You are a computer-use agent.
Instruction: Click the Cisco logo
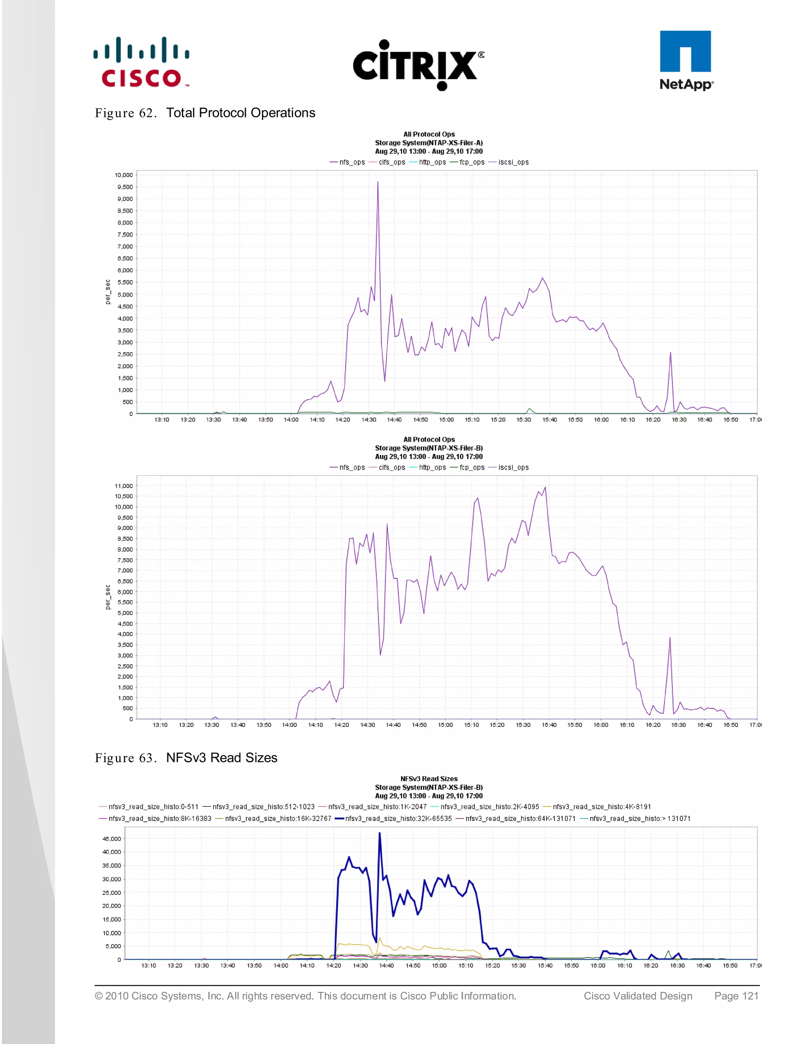(141, 62)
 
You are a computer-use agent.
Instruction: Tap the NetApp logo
(686, 61)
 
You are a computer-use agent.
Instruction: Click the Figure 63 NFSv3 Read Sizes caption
(186, 758)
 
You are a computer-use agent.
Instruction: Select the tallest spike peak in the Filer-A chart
(377, 182)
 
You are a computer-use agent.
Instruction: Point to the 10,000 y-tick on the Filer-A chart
(123, 175)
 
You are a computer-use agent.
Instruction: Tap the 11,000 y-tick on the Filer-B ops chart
(123, 486)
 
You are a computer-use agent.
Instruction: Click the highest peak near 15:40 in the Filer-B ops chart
(545, 488)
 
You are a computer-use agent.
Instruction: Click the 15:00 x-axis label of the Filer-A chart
(446, 420)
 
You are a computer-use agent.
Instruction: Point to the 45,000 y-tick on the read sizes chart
(112, 838)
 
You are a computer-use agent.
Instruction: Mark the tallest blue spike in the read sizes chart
(379, 833)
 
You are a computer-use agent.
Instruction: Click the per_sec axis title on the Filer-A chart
(108, 292)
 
